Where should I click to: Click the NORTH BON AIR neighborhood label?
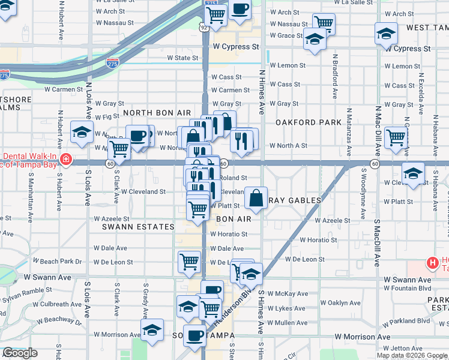click(x=157, y=113)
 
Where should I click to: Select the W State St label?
click(x=182, y=58)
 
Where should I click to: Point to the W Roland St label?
click(x=232, y=178)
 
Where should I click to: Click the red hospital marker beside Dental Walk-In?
click(x=65, y=161)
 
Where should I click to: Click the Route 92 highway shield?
click(x=205, y=27)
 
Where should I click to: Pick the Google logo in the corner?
click(x=20, y=353)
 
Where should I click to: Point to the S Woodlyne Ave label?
click(x=363, y=197)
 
